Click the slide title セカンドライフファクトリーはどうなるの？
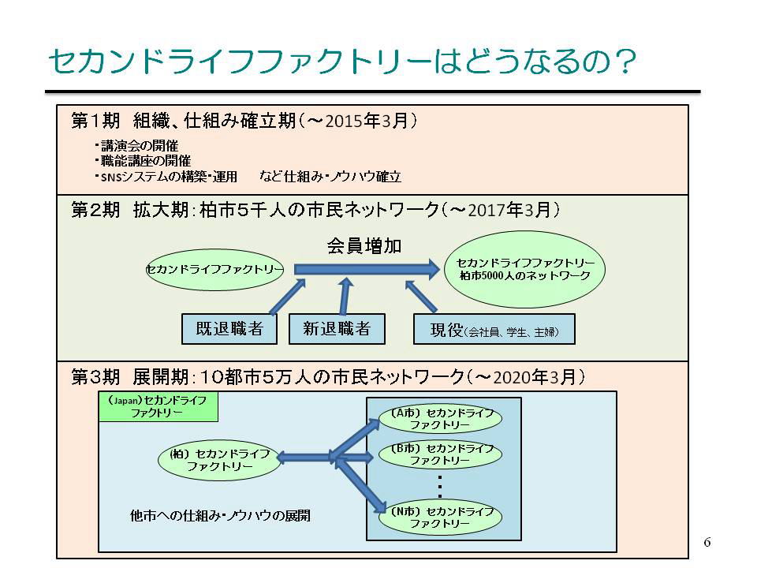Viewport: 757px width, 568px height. (341, 61)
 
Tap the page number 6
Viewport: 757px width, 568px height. (707, 542)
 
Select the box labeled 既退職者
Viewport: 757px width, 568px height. (229, 329)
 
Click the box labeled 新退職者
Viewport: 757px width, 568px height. (337, 329)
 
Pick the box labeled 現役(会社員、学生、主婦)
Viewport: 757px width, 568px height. (494, 330)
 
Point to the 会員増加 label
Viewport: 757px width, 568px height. (364, 246)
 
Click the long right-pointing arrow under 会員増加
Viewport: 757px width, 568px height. (367, 269)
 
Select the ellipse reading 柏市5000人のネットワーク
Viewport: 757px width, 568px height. (525, 270)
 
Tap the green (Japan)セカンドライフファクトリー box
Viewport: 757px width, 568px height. (158, 407)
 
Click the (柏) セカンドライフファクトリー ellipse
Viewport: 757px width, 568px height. (220, 460)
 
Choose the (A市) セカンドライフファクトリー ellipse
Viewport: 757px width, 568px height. (440, 419)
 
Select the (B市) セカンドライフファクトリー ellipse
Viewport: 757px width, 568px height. (440, 454)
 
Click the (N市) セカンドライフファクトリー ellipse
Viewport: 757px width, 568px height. (440, 518)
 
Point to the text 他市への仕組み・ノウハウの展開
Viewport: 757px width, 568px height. (220, 516)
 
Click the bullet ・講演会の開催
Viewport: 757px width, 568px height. (136, 145)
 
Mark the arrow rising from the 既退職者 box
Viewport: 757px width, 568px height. (287, 297)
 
